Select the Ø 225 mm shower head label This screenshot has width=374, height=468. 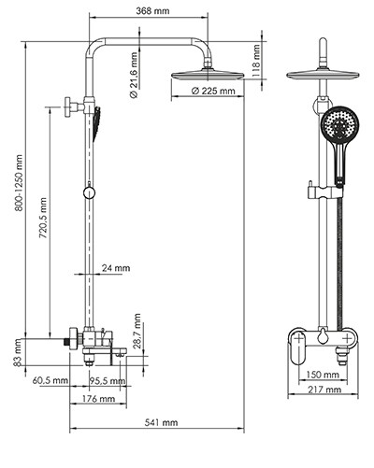213,92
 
